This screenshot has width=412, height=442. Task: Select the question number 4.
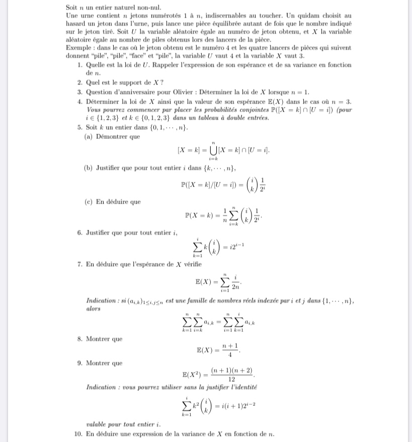click(x=80, y=101)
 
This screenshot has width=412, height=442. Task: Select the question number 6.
click(x=80, y=233)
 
